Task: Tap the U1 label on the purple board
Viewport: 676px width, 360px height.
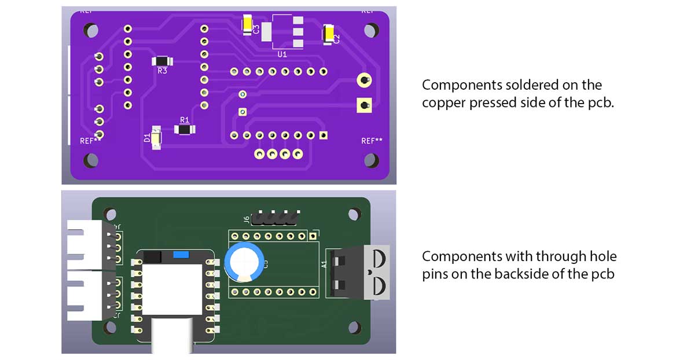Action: pos(282,54)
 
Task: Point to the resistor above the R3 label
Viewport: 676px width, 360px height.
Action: pos(161,61)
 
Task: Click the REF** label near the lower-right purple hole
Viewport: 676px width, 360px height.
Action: pos(372,141)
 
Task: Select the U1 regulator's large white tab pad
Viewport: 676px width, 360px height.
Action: pos(267,32)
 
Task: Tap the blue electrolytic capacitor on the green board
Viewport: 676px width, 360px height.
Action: pos(245,261)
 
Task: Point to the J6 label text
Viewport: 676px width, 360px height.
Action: pos(247,219)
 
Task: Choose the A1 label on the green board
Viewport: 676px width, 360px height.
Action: pos(324,263)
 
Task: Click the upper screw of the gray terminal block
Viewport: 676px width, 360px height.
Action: pos(379,257)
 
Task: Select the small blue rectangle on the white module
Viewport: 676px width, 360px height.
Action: pos(181,255)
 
